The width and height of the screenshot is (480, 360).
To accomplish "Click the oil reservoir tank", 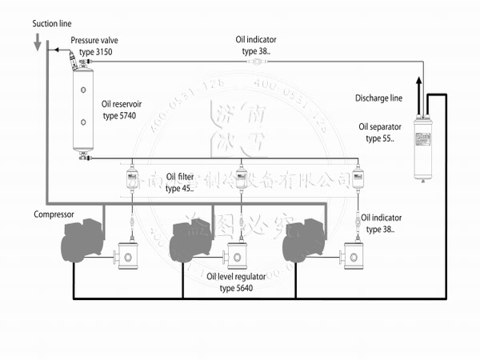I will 83,110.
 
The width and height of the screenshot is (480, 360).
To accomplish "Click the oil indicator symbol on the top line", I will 254,62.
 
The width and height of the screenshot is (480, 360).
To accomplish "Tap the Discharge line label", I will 378,98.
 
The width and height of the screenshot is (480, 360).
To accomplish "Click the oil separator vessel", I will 422,146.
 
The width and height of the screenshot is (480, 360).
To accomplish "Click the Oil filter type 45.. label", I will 182,182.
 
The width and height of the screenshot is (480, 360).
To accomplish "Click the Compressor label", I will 54,214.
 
